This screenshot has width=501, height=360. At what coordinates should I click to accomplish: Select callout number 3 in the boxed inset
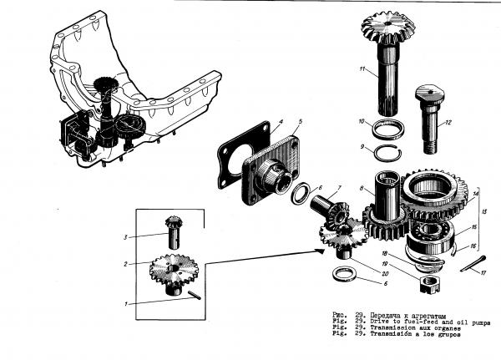pyautogui.click(x=126, y=237)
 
